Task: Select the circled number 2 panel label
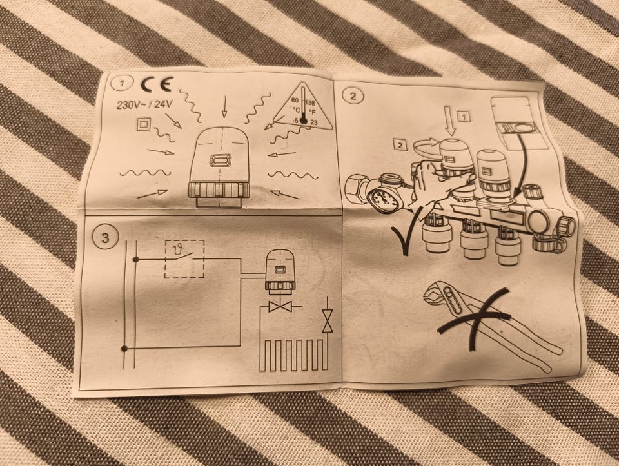pos(353,96)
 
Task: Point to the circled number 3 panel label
pos(105,238)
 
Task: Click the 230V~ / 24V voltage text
pos(144,105)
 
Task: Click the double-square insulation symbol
pos(142,124)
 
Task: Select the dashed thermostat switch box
pos(184,258)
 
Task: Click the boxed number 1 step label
pos(464,117)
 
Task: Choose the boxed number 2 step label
pos(400,145)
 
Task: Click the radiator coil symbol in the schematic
pos(294,355)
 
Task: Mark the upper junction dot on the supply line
pos(135,259)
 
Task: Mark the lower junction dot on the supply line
pos(124,349)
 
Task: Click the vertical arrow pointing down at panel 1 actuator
pos(224,106)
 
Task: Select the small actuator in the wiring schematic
pos(280,272)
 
